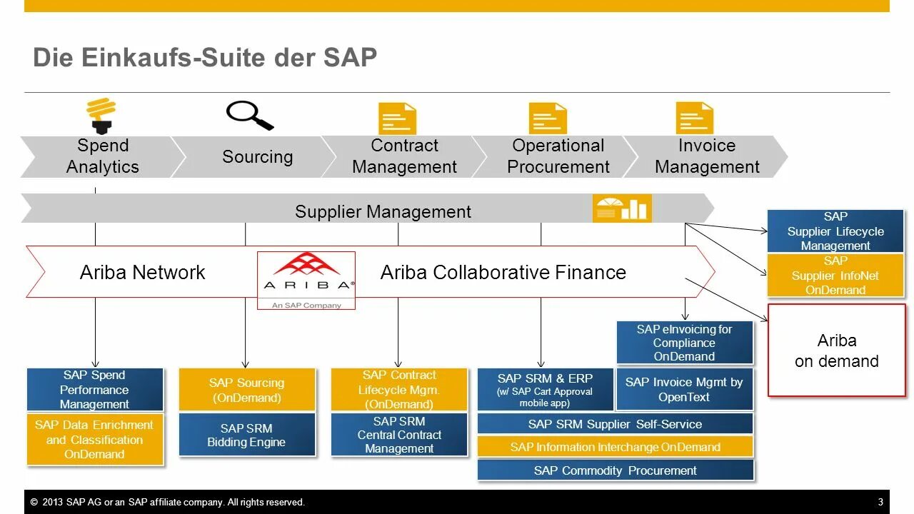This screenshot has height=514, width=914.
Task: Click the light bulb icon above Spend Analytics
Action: tap(101, 116)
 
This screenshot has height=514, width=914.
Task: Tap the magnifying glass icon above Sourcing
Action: tap(249, 115)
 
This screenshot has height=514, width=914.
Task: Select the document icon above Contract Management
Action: tap(397, 119)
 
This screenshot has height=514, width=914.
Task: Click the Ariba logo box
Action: tap(306, 280)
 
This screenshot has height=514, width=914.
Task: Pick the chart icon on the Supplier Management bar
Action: tap(621, 208)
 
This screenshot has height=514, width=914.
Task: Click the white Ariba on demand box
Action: tap(836, 351)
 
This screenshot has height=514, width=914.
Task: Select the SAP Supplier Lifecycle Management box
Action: tap(835, 231)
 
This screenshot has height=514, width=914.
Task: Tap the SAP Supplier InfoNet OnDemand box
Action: tap(835, 276)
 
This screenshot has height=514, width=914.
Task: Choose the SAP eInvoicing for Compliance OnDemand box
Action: tap(684, 343)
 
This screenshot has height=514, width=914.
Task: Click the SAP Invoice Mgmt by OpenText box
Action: tap(684, 390)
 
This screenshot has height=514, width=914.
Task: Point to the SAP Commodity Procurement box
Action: tap(615, 470)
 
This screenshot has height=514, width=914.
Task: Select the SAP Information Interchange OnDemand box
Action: tap(615, 447)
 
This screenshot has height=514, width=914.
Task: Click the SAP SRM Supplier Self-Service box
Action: tap(615, 424)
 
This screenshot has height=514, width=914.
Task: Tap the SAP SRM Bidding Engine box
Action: tap(246, 435)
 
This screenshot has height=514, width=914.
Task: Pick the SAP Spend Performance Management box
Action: tap(94, 390)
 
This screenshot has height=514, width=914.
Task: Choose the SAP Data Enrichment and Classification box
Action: tap(94, 440)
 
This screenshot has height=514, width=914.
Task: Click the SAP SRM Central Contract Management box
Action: tap(399, 435)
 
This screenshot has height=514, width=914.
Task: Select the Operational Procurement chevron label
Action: tap(558, 156)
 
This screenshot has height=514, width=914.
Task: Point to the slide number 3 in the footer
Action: tap(880, 502)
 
